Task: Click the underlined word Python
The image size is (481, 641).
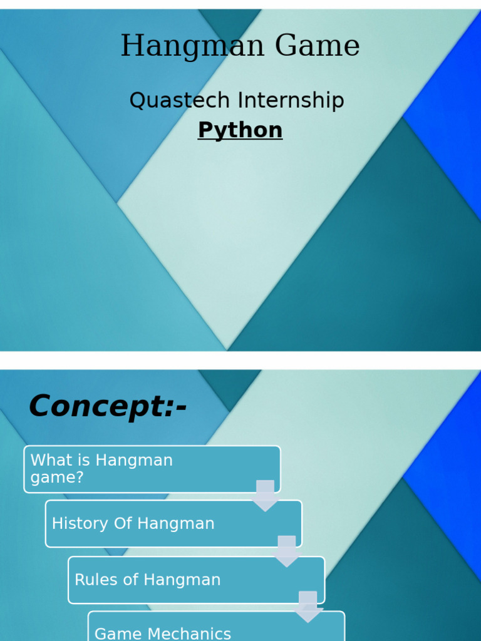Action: pos(240,130)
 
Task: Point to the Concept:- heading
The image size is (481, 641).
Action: pos(108,406)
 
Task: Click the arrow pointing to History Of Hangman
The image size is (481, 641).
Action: pos(265,495)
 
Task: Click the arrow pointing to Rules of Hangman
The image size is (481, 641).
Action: pos(286,551)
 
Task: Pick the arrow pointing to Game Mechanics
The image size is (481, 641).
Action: pos(308,606)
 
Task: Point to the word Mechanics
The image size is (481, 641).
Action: pos(193,634)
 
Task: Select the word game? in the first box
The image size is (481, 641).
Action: pos(57,478)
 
